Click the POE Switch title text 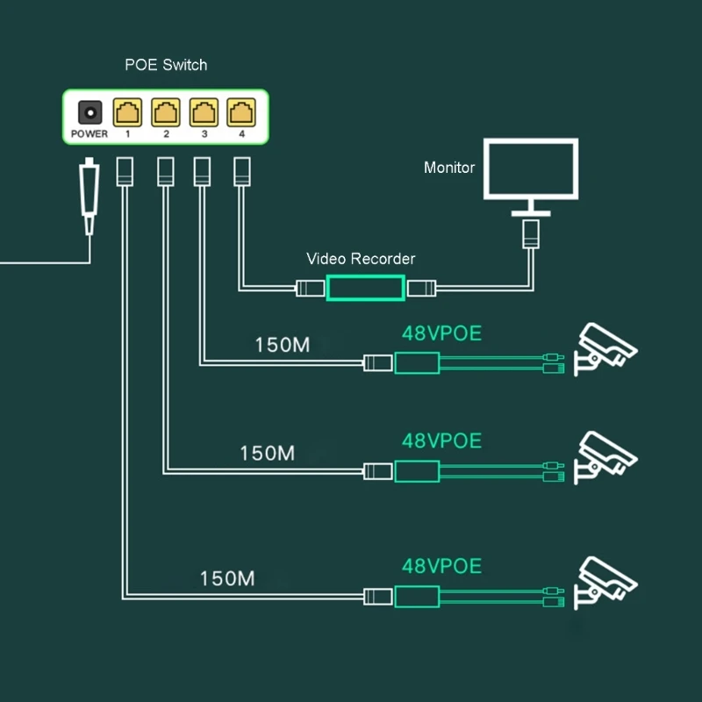coord(167,65)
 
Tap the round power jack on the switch coord(90,112)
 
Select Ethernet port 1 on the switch coord(127,112)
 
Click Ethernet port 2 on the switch coord(165,112)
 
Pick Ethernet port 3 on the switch coord(204,112)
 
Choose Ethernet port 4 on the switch coord(240,112)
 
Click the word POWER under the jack coord(89,134)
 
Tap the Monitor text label coord(449,168)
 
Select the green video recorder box coord(365,288)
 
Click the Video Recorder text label coord(361,259)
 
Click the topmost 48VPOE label coord(441,333)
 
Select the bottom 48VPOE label coord(441,566)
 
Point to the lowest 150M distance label coord(227,578)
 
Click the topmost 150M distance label coord(282,345)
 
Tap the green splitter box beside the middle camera coord(417,471)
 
